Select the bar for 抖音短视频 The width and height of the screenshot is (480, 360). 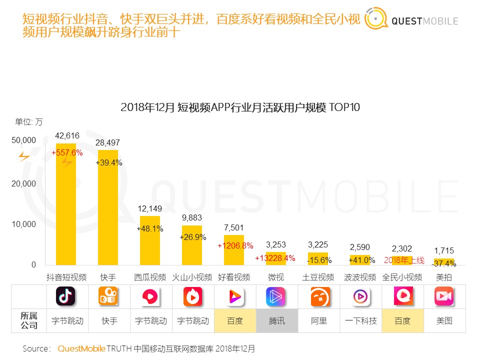click(66, 200)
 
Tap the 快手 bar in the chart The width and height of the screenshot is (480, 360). click(108, 210)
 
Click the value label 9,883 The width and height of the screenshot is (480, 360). click(191, 218)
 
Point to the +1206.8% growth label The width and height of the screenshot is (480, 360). click(235, 245)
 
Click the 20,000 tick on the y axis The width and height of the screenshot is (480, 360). click(24, 183)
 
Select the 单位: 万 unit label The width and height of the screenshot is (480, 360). click(28, 121)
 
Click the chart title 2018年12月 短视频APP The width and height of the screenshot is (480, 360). click(240, 107)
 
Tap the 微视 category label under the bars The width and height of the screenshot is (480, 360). click(276, 277)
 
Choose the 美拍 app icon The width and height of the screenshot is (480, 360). click(443, 296)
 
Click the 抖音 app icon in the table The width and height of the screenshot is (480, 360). click(65, 296)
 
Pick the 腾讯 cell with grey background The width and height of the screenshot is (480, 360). click(276, 321)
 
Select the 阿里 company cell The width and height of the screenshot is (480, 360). click(318, 321)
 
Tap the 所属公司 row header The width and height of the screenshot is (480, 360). click(28, 321)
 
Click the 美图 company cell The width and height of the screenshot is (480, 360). click(444, 321)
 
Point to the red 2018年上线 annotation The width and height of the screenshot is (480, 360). click(403, 260)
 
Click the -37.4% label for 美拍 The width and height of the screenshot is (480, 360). click(444, 263)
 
